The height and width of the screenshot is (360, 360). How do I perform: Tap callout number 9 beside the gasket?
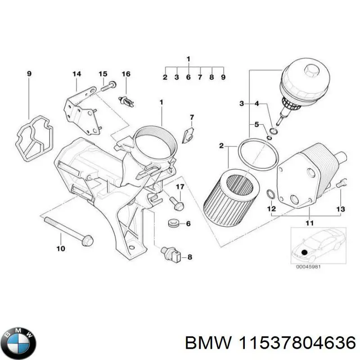(29, 74)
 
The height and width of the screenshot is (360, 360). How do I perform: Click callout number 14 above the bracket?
(76, 74)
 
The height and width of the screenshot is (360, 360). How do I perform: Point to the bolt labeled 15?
(108, 86)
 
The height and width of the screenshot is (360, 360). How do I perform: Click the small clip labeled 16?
(126, 101)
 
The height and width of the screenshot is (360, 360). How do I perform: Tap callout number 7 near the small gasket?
(191, 118)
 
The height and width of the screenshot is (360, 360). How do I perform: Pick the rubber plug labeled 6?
(171, 224)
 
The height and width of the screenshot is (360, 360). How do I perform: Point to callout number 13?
(341, 209)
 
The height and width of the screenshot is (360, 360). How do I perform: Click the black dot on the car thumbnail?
(305, 252)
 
